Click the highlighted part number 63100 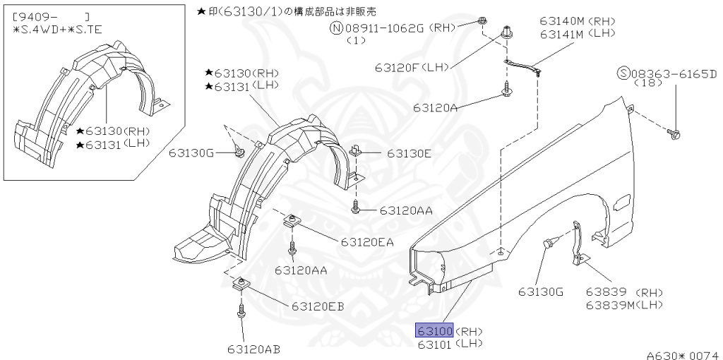[x=435, y=330]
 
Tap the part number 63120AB [x=253, y=348]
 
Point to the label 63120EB [x=317, y=306]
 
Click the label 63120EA [x=366, y=242]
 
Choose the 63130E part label [x=409, y=152]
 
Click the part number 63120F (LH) [x=412, y=68]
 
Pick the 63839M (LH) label [x=624, y=304]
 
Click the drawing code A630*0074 [x=681, y=354]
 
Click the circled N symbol [x=337, y=28]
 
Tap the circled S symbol [x=623, y=73]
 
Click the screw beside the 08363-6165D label [x=674, y=132]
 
